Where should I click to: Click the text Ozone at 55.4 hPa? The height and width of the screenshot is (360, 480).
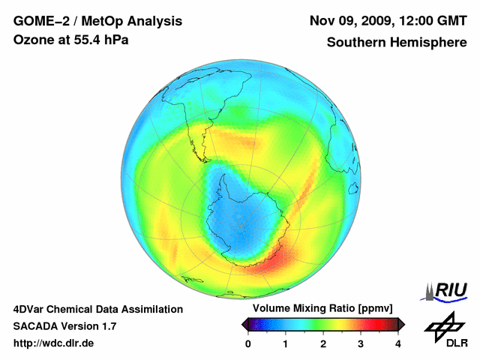[x=71, y=40]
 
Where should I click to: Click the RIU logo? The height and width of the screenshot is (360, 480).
[x=447, y=290]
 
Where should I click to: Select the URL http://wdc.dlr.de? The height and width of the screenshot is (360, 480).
[x=54, y=343]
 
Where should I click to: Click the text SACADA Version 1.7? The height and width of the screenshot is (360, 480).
[x=64, y=326]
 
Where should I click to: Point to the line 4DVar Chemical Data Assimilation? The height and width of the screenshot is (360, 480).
[x=97, y=309]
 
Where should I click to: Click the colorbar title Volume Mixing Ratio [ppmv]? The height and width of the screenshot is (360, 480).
[x=323, y=309]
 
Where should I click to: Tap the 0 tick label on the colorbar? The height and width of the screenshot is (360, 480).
[x=248, y=343]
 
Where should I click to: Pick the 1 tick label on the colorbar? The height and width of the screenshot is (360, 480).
[x=286, y=343]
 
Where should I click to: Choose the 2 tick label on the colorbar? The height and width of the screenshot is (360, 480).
[x=323, y=343]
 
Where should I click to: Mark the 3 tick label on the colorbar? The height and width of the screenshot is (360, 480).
[x=361, y=343]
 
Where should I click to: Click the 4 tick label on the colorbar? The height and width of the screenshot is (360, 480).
[x=398, y=343]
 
